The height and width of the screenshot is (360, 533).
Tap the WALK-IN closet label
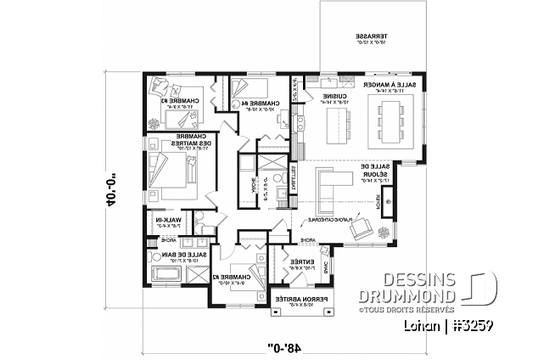click(168, 222)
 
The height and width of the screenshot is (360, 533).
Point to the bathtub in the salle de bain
click(167, 274)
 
